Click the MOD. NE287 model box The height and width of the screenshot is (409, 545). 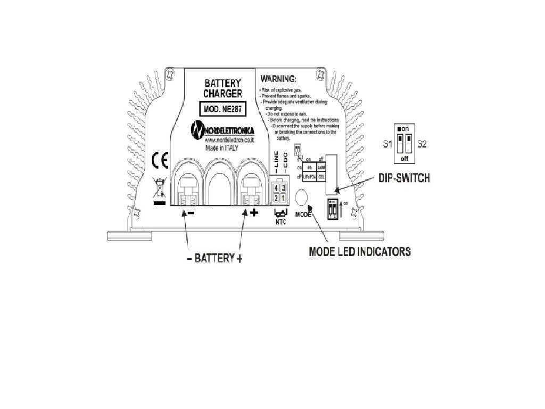click(221, 110)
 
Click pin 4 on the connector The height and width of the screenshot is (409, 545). click(276, 188)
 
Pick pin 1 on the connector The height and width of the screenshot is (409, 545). click(284, 198)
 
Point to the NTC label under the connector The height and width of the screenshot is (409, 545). click(280, 222)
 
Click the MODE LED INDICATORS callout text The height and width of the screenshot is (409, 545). click(360, 252)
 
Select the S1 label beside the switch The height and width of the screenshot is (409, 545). click(388, 144)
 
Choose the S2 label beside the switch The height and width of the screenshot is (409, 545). click(422, 144)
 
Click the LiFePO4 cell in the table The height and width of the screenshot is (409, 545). click(310, 176)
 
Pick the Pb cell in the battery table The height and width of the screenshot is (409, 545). click(310, 167)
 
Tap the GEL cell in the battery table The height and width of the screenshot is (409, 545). click(321, 176)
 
